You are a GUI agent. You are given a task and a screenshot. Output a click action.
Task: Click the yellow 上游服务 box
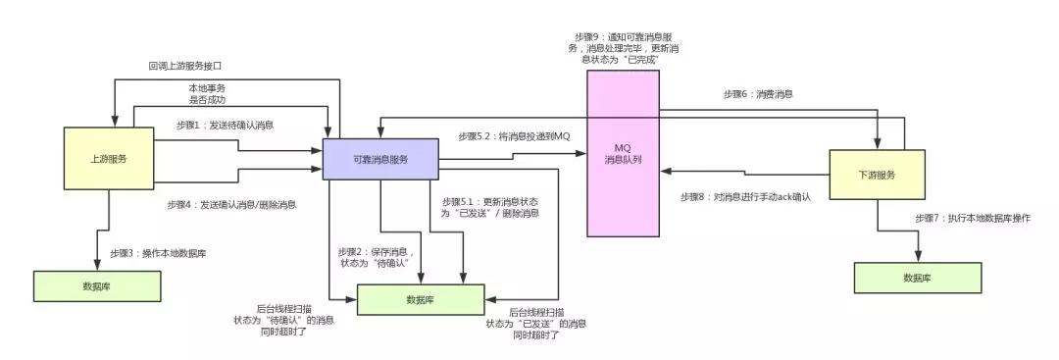[109, 157]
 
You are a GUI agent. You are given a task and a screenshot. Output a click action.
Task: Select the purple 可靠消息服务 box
[380, 159]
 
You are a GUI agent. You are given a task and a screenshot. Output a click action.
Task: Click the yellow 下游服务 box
[878, 175]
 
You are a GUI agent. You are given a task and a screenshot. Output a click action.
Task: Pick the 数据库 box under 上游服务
[96, 285]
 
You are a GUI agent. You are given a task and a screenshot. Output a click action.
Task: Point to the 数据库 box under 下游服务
[917, 278]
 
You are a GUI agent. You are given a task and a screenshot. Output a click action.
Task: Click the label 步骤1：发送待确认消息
[225, 126]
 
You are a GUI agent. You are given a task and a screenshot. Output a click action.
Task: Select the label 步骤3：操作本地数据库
[157, 253]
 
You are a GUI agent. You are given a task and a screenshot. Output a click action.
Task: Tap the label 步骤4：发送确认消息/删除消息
[232, 205]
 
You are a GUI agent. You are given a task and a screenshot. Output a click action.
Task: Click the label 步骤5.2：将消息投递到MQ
[513, 135]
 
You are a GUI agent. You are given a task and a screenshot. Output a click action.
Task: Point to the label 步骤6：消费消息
[758, 94]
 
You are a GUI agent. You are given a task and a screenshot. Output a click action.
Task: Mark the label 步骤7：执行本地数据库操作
[973, 218]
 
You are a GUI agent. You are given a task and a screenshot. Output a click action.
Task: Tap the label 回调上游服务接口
[185, 66]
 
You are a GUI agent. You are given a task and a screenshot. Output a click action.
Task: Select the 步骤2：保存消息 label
[376, 257]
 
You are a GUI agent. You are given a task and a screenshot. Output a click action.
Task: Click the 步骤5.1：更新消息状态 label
[490, 207]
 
